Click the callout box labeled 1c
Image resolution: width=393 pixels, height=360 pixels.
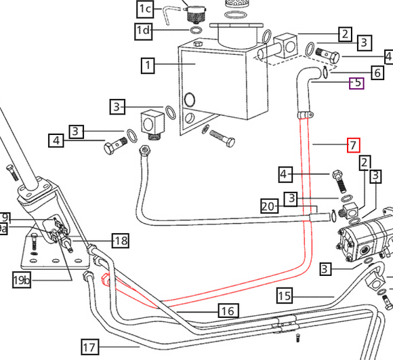tap(146, 9)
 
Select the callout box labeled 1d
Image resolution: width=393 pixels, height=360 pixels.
tap(144, 30)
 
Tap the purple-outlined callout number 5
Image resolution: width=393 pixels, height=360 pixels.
tap(356, 83)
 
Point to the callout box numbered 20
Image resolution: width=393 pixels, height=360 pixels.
tap(270, 205)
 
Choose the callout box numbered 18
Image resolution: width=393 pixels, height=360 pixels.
tap(121, 240)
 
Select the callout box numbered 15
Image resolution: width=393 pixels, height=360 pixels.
tap(284, 295)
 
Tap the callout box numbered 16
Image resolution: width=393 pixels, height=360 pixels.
tap(227, 311)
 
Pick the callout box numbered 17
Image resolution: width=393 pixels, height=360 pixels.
tap(89, 346)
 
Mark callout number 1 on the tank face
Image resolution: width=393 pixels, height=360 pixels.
tap(148, 65)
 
